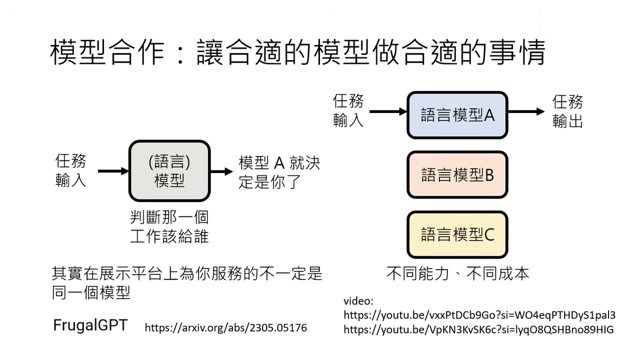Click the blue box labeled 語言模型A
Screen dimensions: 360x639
pos(457,115)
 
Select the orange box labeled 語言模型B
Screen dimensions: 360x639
pos(457,175)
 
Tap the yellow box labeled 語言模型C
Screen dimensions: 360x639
pos(457,234)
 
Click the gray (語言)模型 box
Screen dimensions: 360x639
pos(169,171)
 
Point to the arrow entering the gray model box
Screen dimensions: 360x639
pos(113,171)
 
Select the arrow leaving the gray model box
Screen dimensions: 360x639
pos(221,171)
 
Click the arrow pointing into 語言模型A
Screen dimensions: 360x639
pos(388,111)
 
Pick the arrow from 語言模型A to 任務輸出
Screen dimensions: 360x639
pos(526,111)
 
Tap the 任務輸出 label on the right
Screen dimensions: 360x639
pos(567,111)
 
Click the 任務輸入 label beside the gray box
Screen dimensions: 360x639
pos(70,170)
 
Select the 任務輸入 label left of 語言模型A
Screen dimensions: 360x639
pos(348,111)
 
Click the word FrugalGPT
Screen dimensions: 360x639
pos(90,325)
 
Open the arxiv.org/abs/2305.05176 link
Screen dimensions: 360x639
pos(225,328)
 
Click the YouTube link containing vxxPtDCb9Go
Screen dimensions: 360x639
pos(479,315)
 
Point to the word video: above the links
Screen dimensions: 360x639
pos(358,301)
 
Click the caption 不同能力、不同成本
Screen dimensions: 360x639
pos(457,273)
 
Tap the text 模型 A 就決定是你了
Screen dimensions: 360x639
pos(279,172)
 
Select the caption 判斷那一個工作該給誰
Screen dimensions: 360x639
pos(169,226)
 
